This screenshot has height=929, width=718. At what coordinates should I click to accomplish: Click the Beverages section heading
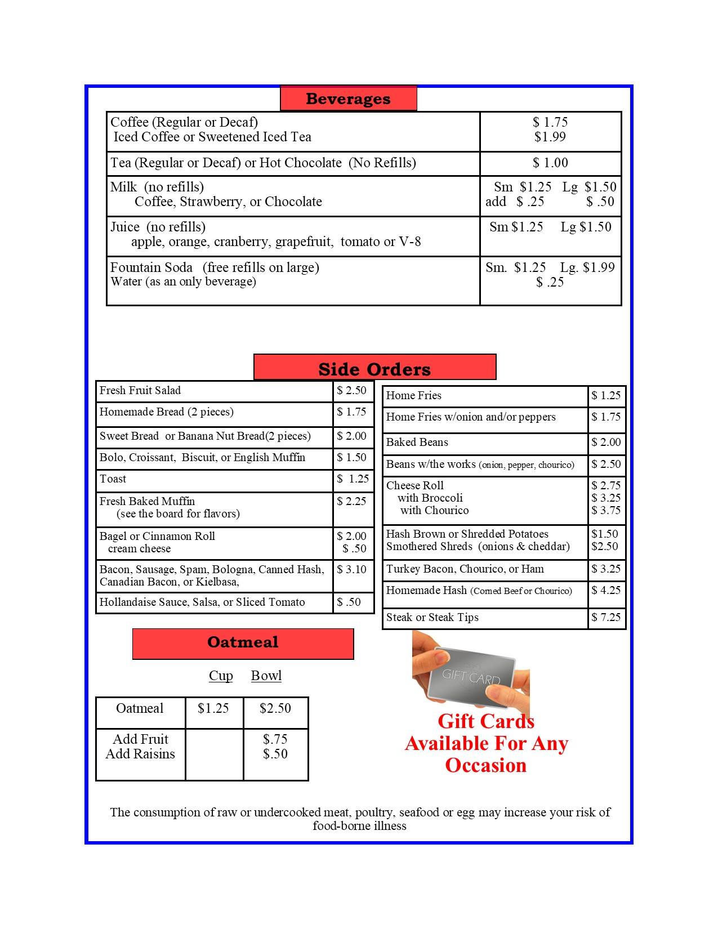[x=348, y=99]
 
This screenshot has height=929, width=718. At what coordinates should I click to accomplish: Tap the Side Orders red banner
[x=374, y=369]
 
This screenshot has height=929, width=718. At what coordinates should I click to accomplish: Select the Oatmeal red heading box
[x=243, y=642]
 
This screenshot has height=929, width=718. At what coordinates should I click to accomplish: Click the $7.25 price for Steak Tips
[x=606, y=618]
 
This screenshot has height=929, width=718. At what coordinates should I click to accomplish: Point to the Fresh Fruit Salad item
[x=140, y=391]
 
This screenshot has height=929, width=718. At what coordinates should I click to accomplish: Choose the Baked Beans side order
[x=417, y=443]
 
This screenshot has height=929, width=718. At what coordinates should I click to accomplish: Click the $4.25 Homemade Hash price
[x=606, y=591]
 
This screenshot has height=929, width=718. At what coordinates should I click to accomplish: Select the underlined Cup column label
[x=221, y=676]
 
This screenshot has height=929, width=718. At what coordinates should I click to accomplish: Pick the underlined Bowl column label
[x=266, y=676]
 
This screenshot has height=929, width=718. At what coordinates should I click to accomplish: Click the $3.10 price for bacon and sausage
[x=351, y=570]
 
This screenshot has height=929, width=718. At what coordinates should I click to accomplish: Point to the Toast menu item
[x=113, y=479]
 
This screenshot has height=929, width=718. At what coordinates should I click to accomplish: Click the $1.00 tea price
[x=550, y=163]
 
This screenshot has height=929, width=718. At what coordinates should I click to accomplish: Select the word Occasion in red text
[x=486, y=765]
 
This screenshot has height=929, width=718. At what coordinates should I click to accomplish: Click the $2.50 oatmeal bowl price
[x=275, y=708]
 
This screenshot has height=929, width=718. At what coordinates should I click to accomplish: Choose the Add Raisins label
[x=140, y=754]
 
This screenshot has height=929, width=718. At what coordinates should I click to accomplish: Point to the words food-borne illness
[x=360, y=826]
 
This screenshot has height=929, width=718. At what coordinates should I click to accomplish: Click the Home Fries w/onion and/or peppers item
[x=471, y=417]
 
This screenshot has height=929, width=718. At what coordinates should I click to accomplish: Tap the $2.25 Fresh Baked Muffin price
[x=351, y=501]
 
